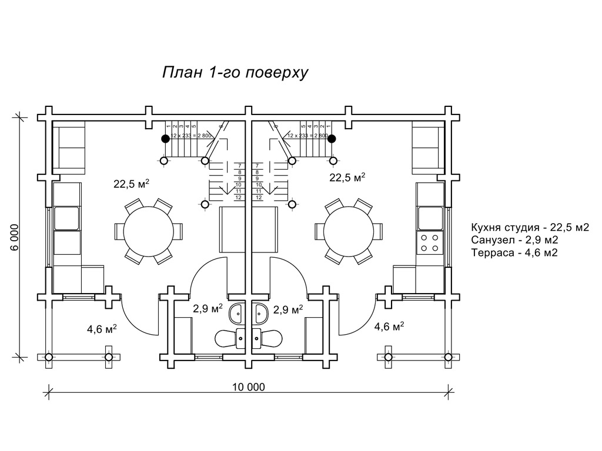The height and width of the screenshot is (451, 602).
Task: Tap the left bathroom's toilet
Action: pos(228,338)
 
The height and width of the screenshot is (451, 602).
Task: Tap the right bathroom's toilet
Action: pos(270,338)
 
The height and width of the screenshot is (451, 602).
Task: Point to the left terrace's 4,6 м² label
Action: pos(102,329)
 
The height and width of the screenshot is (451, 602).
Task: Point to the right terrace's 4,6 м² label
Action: pos(389,327)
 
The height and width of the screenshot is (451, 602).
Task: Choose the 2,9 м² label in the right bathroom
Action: pos(288,309)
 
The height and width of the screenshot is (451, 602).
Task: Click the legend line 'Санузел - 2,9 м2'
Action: pos(514,240)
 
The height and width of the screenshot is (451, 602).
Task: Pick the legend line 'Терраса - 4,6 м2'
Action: pos(514,253)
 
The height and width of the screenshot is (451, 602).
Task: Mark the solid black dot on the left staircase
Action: pos(166,139)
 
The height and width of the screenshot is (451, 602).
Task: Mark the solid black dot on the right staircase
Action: pos(332,139)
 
